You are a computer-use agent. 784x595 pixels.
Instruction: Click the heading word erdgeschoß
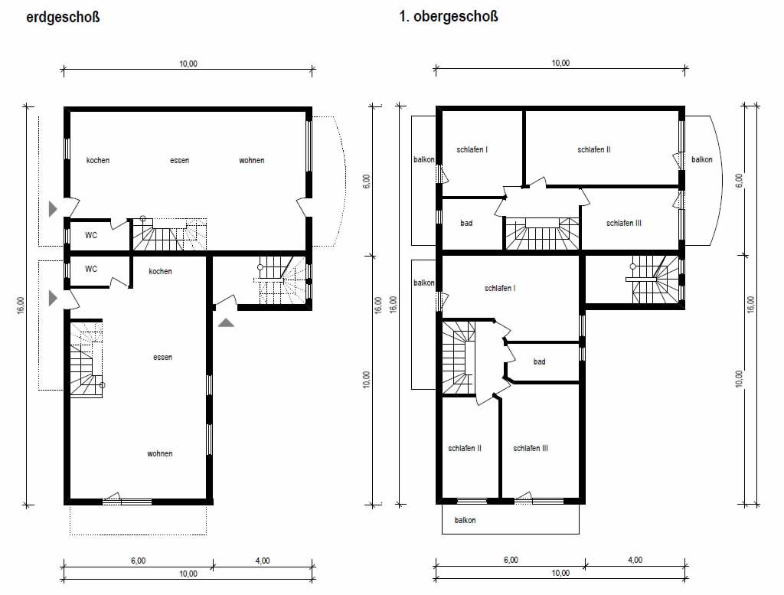coord(63,17)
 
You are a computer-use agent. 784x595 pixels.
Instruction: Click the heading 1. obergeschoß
coord(449,17)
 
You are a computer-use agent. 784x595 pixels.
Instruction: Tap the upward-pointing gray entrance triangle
coord(226,322)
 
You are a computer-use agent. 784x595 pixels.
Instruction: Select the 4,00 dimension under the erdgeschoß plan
coord(263,561)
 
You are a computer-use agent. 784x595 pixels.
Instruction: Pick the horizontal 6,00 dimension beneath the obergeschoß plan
coord(511,560)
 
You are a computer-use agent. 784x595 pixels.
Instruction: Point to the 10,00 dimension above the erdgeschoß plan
coord(188,64)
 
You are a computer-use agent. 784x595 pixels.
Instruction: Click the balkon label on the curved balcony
coord(701,159)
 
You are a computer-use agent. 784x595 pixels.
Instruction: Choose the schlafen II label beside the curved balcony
coord(594,149)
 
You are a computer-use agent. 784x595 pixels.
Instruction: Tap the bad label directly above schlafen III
coord(539,361)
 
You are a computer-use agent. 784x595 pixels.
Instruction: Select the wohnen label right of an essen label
coord(251,161)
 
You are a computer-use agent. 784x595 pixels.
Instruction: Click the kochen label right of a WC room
coord(160,272)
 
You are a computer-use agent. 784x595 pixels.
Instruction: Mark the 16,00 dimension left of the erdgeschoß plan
coord(21,306)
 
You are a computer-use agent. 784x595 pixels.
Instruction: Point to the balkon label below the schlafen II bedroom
coord(465,521)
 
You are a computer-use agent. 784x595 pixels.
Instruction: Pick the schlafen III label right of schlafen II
coord(531,449)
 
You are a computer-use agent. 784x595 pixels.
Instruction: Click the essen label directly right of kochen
coord(179,161)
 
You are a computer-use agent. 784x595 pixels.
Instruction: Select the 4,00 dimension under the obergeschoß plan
coord(635,560)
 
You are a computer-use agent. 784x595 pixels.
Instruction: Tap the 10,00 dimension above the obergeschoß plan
coord(560,63)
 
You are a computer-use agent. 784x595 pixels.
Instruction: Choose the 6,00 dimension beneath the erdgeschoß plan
coord(139,561)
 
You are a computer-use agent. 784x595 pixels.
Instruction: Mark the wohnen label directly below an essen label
coord(159,454)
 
